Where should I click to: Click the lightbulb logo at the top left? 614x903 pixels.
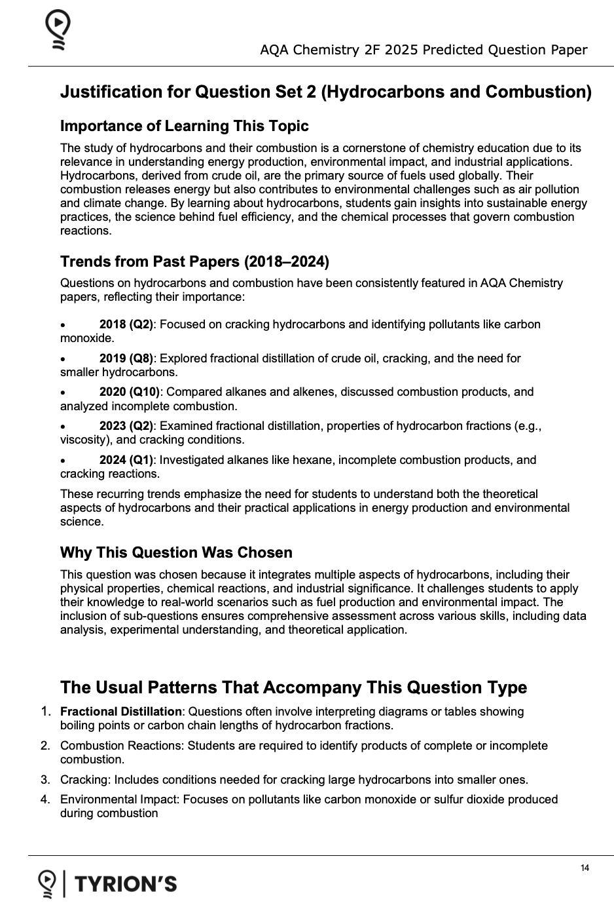58,31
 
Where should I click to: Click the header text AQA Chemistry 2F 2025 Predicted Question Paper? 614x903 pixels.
424,50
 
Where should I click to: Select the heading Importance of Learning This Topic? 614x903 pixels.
184,126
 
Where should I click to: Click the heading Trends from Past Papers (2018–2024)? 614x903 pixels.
194,261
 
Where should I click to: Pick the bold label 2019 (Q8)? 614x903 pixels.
126,358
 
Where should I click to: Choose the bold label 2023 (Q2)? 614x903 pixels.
126,426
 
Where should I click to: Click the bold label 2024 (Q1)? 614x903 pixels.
126,460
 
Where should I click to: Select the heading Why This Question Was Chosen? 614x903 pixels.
176,552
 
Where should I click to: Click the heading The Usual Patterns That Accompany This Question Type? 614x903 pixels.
293,687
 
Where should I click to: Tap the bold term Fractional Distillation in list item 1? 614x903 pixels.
120,712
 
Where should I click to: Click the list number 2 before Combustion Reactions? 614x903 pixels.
45,746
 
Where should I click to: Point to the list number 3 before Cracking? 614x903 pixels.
45,780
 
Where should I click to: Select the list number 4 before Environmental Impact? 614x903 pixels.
45,799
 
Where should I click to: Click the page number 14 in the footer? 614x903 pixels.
585,868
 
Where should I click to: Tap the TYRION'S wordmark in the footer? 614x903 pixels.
126,884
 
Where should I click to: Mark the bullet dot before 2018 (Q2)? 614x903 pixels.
63,325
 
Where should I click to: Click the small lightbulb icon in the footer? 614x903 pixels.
46,883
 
